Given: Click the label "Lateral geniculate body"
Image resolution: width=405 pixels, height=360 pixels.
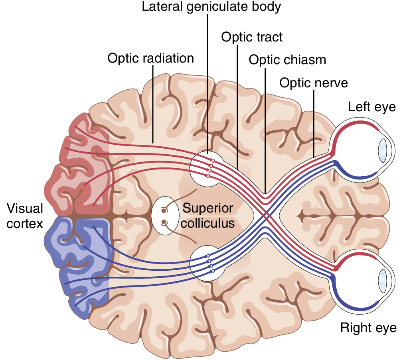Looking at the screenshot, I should pos(211,7).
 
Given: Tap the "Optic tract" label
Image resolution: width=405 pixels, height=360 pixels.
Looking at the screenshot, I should pos(252,37).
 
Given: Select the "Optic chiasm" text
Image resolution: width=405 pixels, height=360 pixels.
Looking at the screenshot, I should pos(287,60).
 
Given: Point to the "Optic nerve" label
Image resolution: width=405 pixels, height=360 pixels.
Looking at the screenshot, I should pos(314,83).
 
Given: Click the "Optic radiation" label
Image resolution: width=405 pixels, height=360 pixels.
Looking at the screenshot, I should pos(151,58).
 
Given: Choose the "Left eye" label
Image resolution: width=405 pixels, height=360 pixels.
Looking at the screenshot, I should pos(371,107).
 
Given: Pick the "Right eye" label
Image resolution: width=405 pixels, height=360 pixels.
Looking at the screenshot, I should pos(368,328).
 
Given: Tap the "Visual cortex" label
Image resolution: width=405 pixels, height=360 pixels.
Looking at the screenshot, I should pos(24,216).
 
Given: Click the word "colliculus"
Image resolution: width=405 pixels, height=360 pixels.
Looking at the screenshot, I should pos(208,223).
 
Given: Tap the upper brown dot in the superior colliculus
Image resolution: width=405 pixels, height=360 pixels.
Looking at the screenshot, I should pos(164,210).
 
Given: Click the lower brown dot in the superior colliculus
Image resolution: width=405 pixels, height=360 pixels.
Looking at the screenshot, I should pos(164,222).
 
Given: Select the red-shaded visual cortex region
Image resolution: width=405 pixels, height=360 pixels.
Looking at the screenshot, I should pos(80,167).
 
